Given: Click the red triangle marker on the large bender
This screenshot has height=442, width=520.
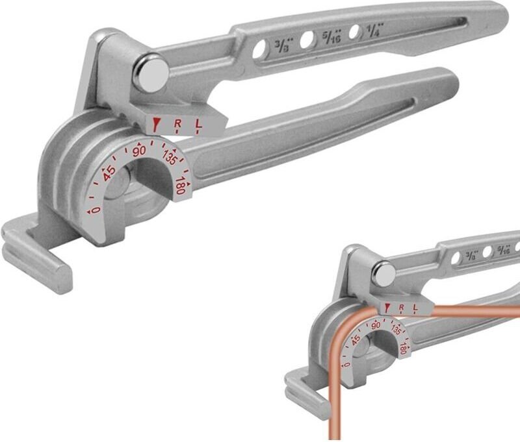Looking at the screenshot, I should click(x=156, y=123).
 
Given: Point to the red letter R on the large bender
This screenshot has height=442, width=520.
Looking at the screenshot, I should click(x=178, y=123).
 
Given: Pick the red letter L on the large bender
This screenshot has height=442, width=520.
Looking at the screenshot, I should click(x=198, y=122).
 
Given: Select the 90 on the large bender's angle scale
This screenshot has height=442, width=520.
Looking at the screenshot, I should click(x=138, y=151).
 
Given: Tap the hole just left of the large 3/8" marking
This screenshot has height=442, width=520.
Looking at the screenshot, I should click(x=261, y=50).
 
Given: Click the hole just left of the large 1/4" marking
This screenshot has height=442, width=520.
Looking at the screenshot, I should click(x=354, y=32).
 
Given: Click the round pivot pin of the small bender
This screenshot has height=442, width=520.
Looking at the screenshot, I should click(x=383, y=273).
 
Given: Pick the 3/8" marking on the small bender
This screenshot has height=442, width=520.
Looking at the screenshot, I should click(x=471, y=256).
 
